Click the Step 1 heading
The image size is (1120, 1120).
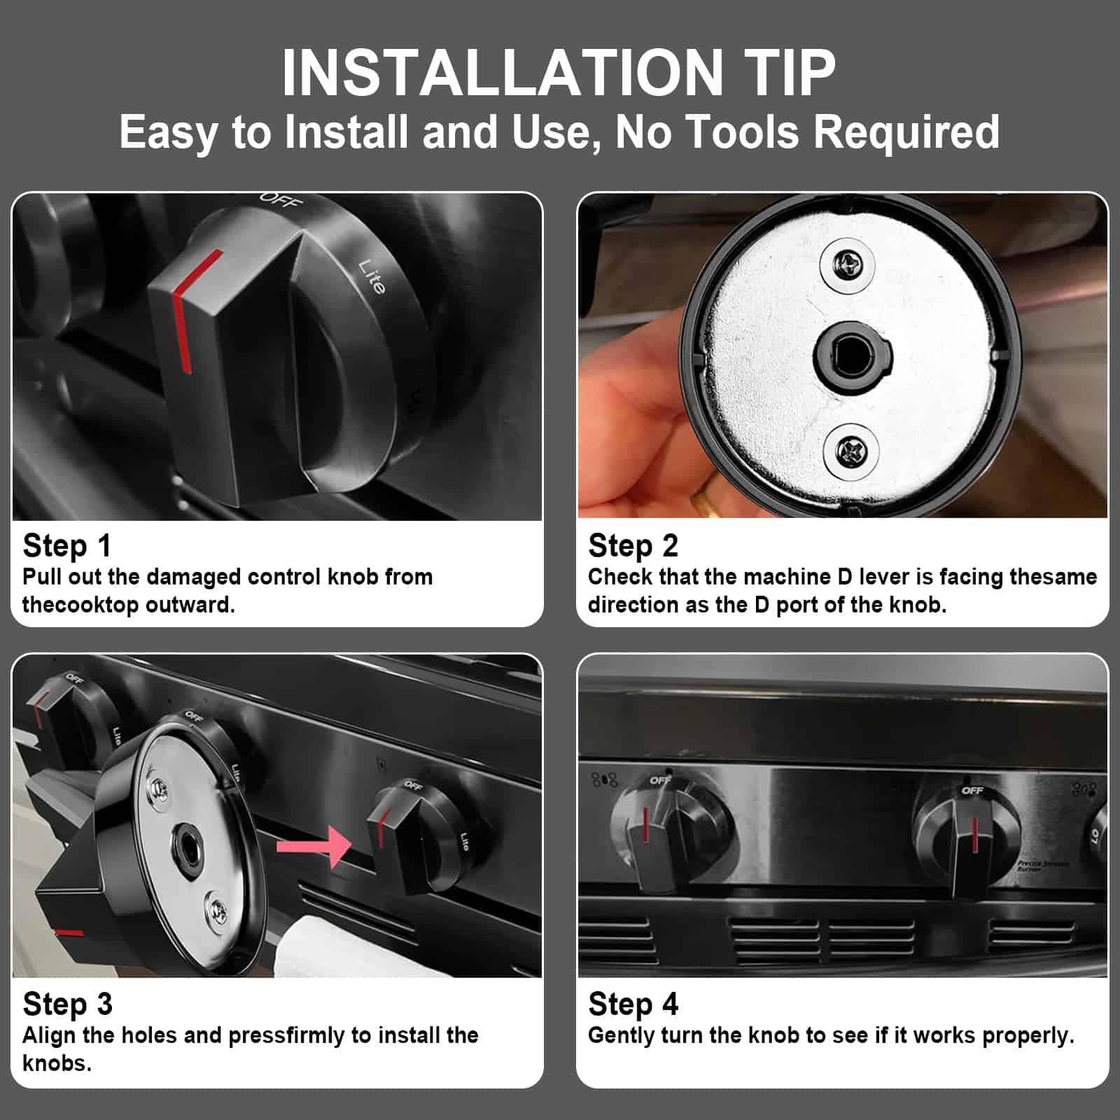(67, 545)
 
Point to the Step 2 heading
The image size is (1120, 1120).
(633, 545)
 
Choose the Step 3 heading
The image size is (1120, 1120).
(68, 1004)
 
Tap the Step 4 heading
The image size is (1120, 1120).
(633, 1004)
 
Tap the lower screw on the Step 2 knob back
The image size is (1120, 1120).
(850, 449)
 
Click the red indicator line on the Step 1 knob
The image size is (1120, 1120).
(190, 309)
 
